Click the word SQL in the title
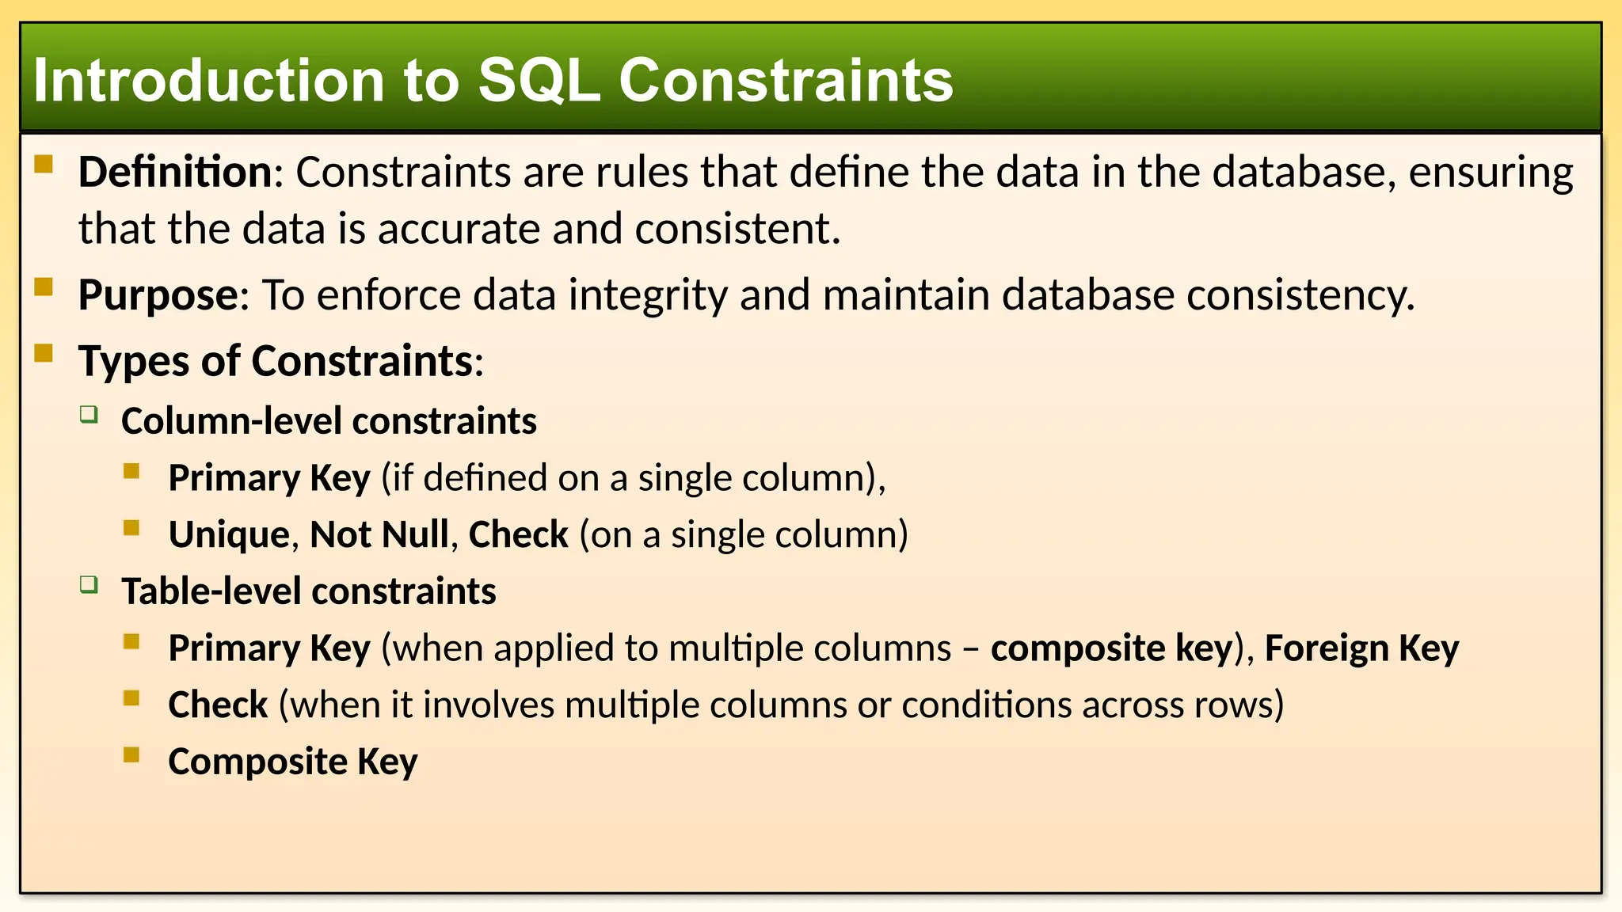pos(539,81)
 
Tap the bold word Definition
pos(175,172)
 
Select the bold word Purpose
pos(158,295)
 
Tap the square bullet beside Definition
pos(44,165)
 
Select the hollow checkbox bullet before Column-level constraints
pos(89,414)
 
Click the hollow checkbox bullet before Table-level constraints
pos(89,585)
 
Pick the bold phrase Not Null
pos(379,534)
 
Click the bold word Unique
pos(229,534)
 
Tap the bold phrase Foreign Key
pos(1361,648)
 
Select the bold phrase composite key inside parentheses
pos(1111,648)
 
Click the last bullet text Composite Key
pos(292,762)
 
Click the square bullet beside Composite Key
pos(131,754)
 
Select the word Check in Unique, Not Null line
pos(518,534)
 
